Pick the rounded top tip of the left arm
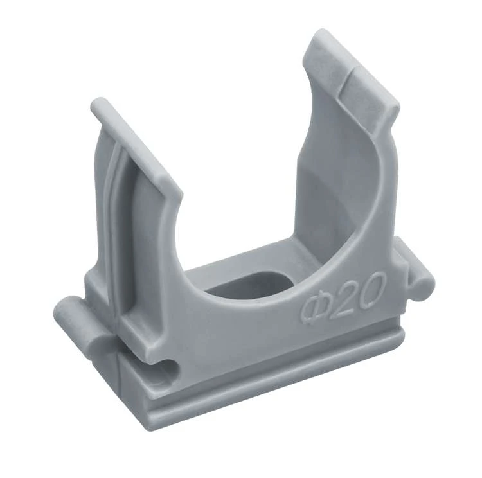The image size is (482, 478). [x=99, y=105]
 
